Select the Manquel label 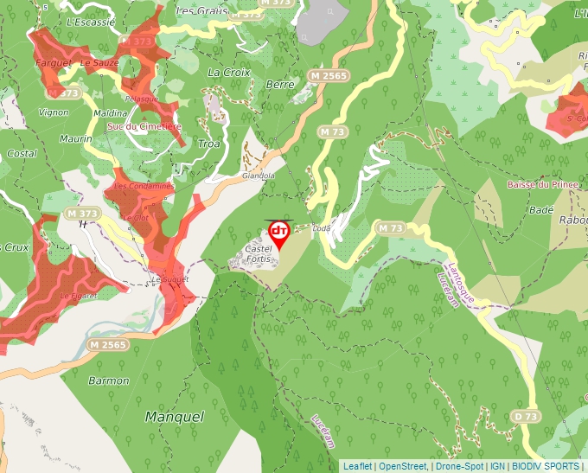pos(175,417)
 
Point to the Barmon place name pos(108,380)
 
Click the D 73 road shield pos(526,417)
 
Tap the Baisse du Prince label pos(542,184)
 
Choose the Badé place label pos(540,210)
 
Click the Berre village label pos(280,85)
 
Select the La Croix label pos(229,73)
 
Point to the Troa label pos(209,144)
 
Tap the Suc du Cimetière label pos(144,126)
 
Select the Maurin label pos(76,138)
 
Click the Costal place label pos(21,153)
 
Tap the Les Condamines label pos(144,186)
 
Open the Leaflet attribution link pos(357,466)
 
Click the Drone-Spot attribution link pos(459,466)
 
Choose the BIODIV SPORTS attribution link pos(545,466)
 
